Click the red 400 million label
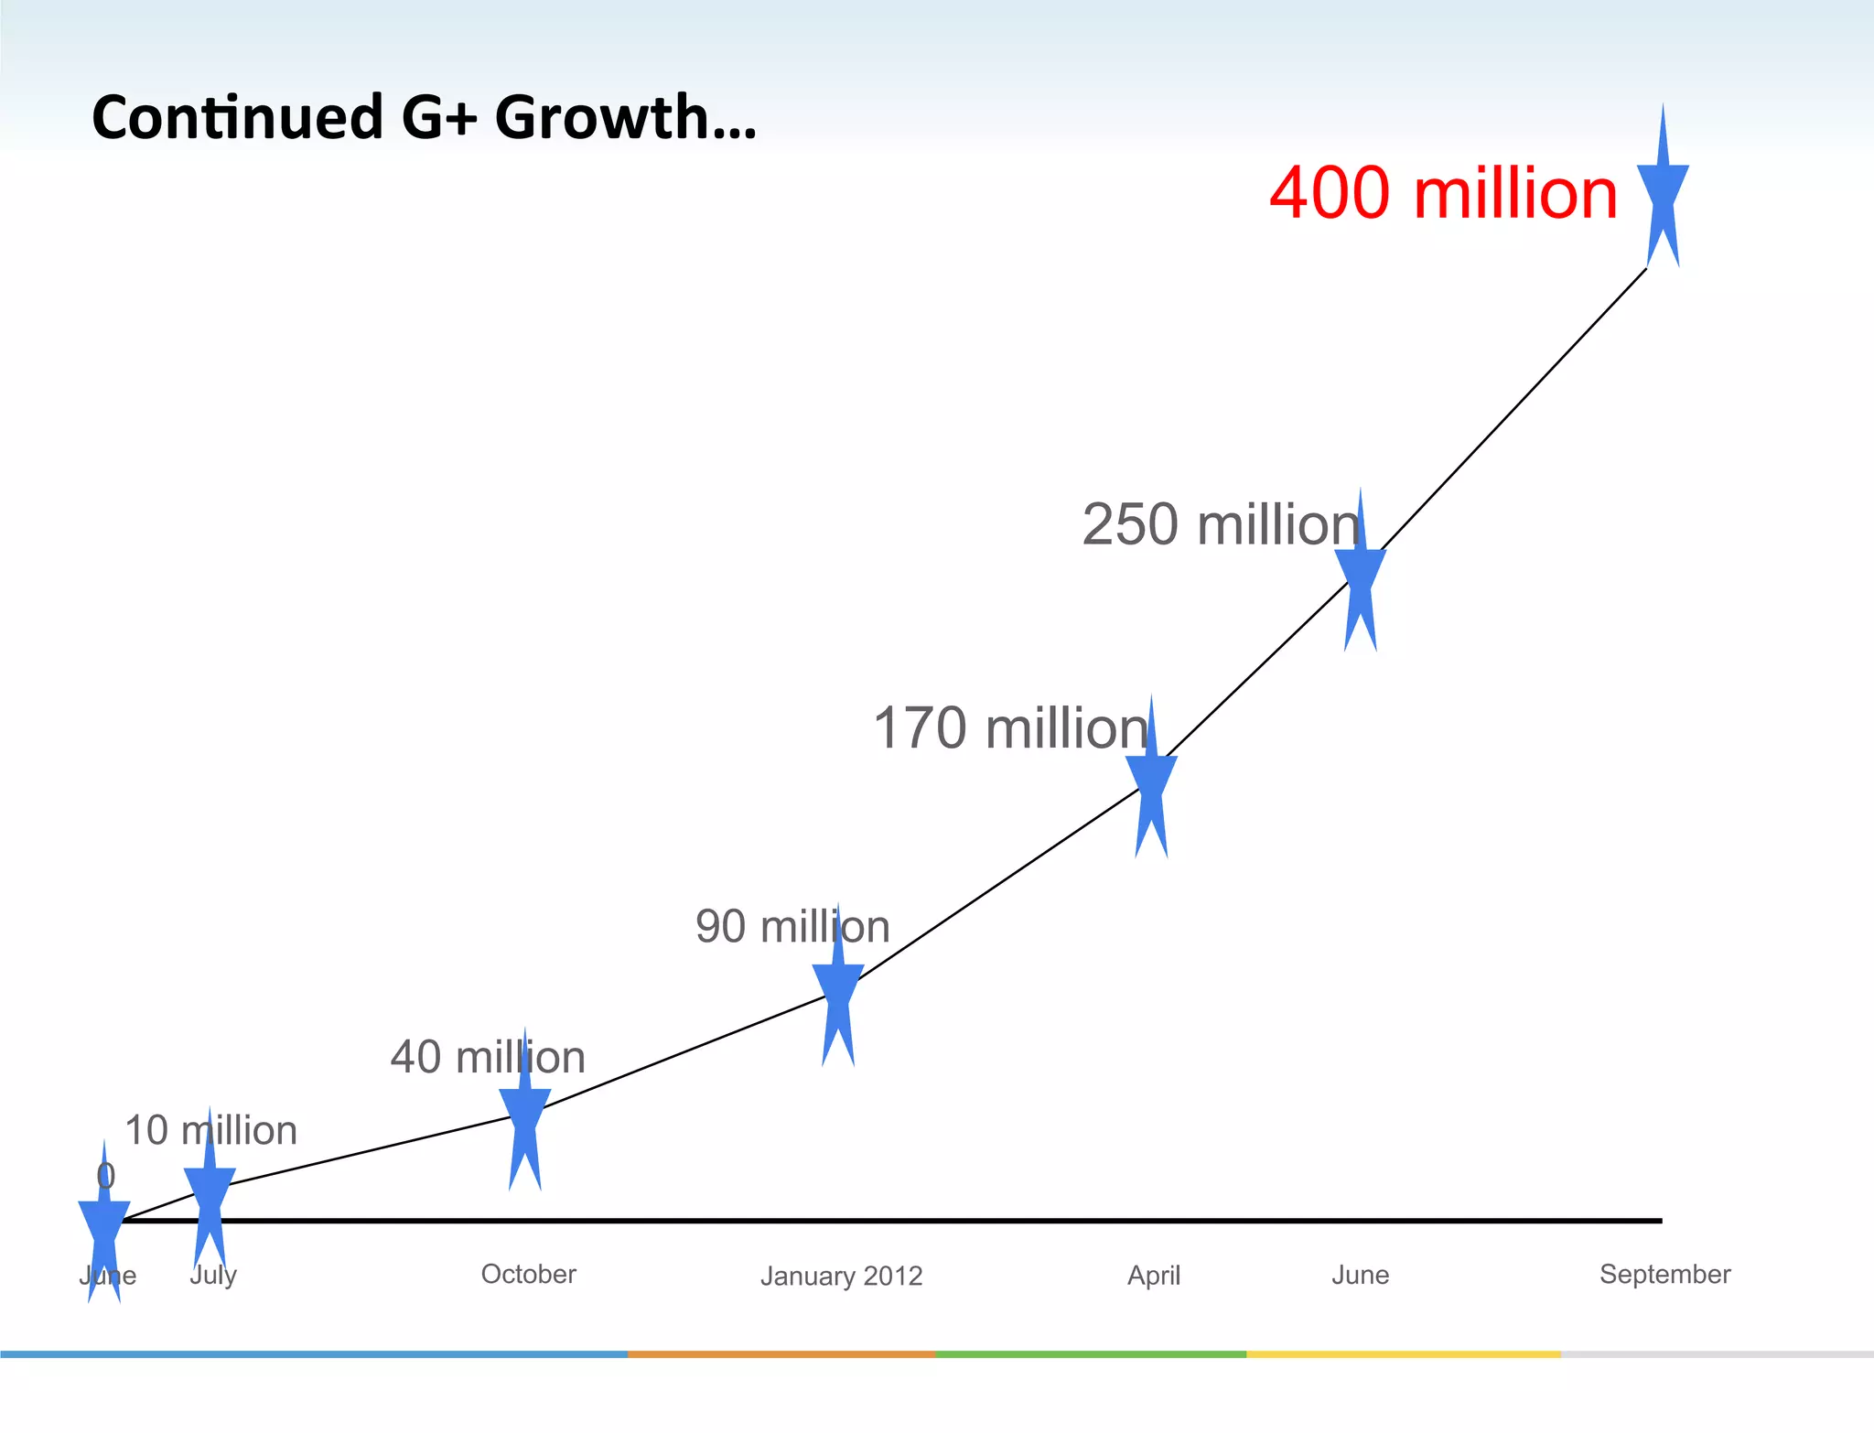coord(1443,193)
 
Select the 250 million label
coord(1221,525)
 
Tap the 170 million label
coord(1010,728)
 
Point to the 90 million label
coord(792,926)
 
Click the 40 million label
coord(488,1057)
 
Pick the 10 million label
coord(210,1130)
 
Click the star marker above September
coord(1663,192)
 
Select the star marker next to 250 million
coord(1361,576)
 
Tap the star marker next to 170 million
coord(1151,782)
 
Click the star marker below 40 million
coord(525,1115)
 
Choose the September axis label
coord(1664,1274)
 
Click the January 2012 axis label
coord(841,1276)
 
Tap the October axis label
coord(529,1274)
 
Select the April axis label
coord(1154,1275)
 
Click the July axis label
coord(213,1275)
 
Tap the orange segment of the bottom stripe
coord(781,1353)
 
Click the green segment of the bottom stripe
coord(1091,1353)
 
